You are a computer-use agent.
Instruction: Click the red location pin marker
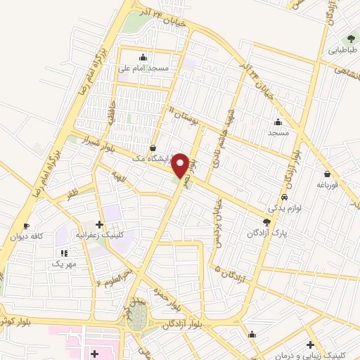[x=180, y=165]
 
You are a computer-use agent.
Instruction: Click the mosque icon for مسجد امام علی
[x=143, y=57]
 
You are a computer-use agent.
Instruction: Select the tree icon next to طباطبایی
[x=350, y=39]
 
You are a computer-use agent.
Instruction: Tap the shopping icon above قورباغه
[x=327, y=174]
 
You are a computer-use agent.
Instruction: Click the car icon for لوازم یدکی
[x=283, y=198]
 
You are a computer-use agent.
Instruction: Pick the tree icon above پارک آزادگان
[x=265, y=221]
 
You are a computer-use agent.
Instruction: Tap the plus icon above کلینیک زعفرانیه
[x=101, y=224]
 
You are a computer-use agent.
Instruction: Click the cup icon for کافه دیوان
[x=26, y=226]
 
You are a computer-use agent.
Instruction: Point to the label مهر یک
[x=64, y=264]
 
